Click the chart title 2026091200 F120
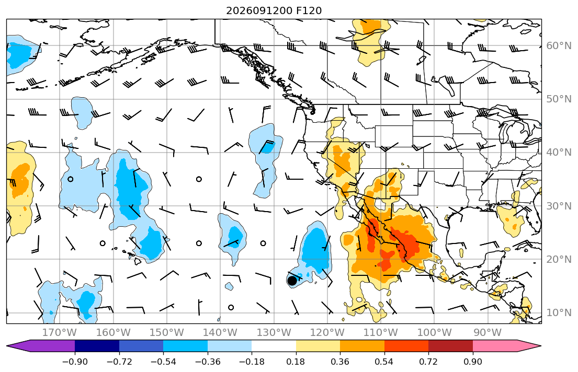(274, 10)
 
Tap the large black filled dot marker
(292, 281)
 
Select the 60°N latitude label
(559, 45)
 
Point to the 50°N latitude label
(559, 99)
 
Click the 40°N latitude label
(559, 153)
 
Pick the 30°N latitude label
(559, 206)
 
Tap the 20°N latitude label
(559, 259)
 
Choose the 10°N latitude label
(559, 313)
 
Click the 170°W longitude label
(60, 333)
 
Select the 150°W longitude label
(167, 333)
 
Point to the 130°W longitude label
(274, 333)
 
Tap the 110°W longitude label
(381, 333)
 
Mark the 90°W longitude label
(488, 333)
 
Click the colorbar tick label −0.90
(75, 362)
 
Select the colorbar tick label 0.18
(296, 362)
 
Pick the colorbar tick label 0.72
(428, 362)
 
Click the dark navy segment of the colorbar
(97, 346)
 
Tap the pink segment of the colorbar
(495, 346)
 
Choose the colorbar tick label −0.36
(208, 362)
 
